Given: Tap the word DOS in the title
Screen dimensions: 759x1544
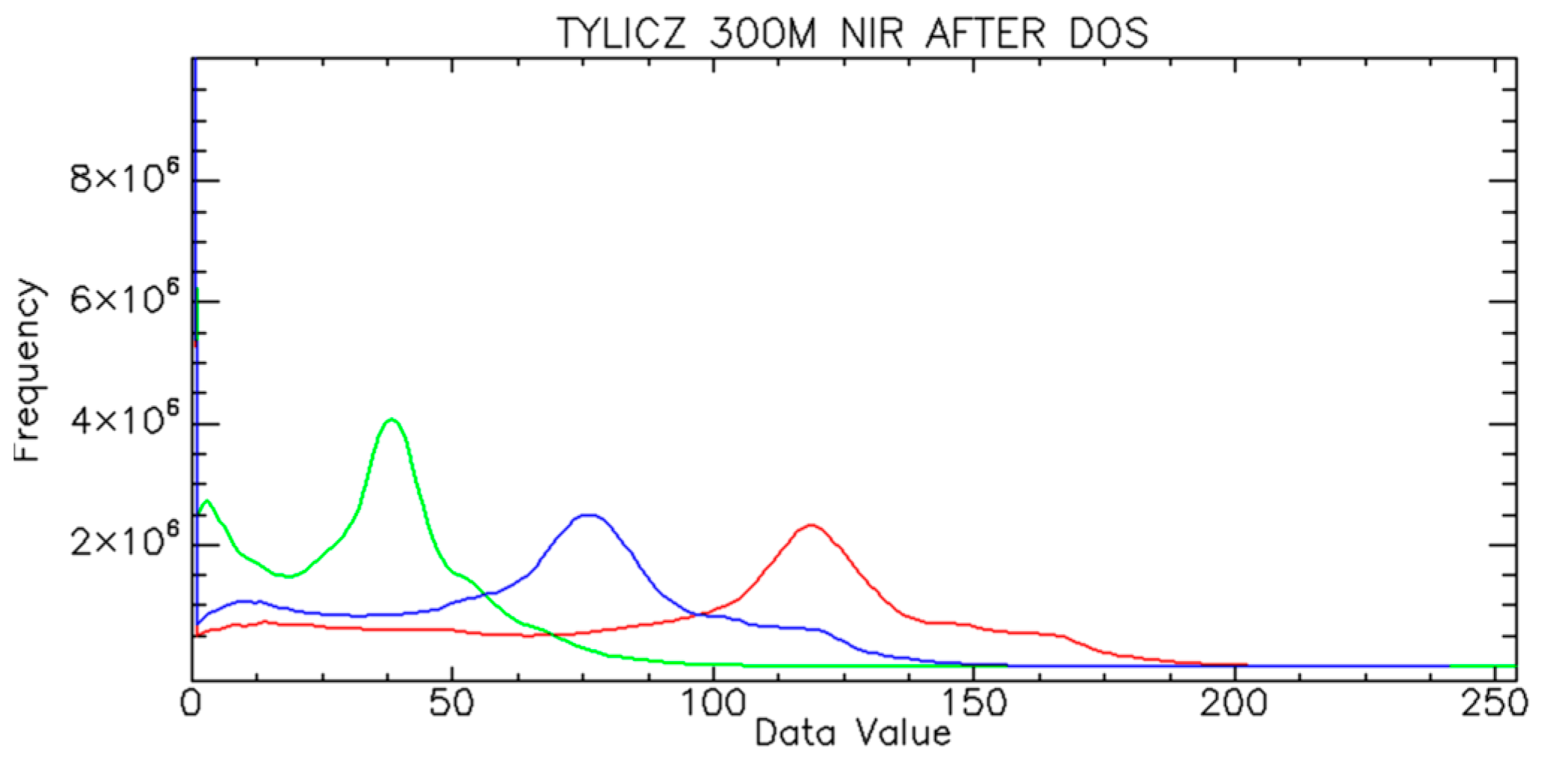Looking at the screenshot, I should [x=1105, y=34].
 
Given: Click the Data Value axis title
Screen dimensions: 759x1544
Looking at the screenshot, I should [x=853, y=734].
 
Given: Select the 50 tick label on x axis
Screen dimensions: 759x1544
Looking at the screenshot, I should [x=451, y=704].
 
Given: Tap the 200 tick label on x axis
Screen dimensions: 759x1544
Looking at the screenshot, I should [x=1233, y=704].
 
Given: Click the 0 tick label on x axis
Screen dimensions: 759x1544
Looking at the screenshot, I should [x=193, y=704].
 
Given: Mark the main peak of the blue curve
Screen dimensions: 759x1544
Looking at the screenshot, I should [x=590, y=514].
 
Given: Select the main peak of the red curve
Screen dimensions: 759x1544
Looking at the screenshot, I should [x=812, y=525].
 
